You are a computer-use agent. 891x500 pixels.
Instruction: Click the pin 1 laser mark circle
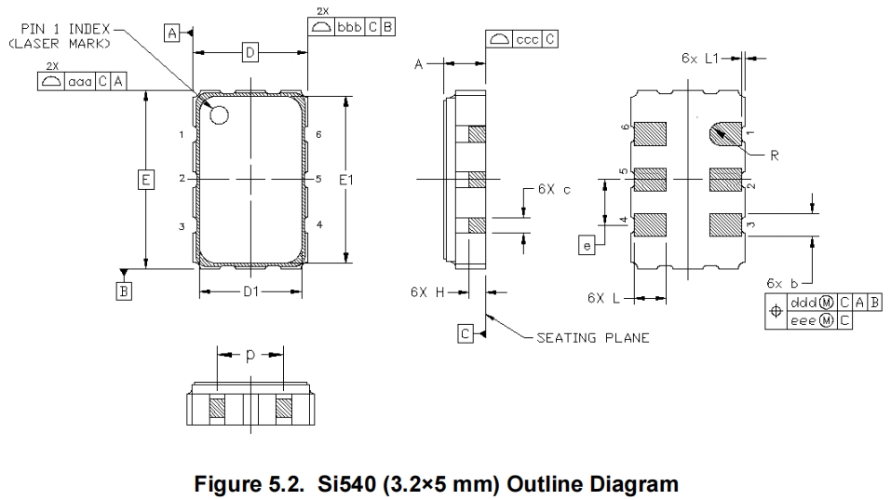(221, 115)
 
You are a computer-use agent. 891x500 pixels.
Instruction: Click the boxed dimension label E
(146, 178)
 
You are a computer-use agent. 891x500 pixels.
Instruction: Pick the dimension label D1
(250, 291)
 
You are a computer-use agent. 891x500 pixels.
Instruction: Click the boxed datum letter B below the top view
(123, 291)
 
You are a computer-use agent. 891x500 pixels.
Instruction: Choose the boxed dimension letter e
(586, 245)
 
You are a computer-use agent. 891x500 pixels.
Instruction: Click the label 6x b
(782, 282)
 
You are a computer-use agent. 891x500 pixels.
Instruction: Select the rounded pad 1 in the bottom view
(725, 134)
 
